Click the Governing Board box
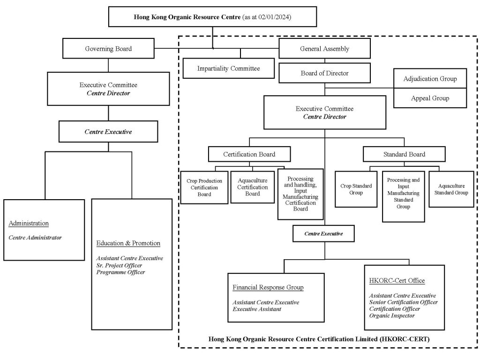[x=108, y=49]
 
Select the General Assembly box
[x=324, y=49]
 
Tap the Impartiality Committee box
[x=228, y=68]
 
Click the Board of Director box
[x=324, y=73]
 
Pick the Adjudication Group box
[x=430, y=79]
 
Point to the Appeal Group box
[x=430, y=98]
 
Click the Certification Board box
[x=249, y=154]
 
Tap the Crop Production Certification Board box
[x=204, y=187]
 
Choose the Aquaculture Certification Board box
[x=253, y=187]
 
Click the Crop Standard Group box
[x=356, y=189]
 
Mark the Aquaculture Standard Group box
[x=451, y=189]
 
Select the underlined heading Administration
[x=29, y=223]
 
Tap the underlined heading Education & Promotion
[x=128, y=243]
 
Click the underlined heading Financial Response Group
[x=268, y=287]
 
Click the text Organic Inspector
[x=391, y=316]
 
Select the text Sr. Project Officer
[x=119, y=265]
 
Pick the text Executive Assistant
[x=258, y=309]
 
